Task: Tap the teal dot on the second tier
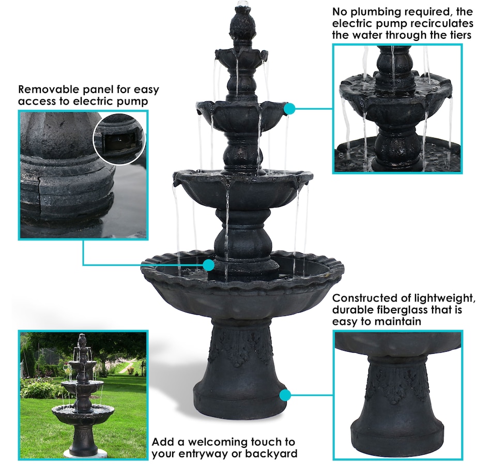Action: [289, 109]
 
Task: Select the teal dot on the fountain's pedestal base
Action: [285, 396]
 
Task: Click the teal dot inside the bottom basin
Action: [208, 265]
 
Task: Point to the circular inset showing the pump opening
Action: [119, 138]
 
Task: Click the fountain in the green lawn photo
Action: [82, 395]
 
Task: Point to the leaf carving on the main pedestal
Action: [240, 347]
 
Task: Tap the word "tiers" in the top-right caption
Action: [460, 35]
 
